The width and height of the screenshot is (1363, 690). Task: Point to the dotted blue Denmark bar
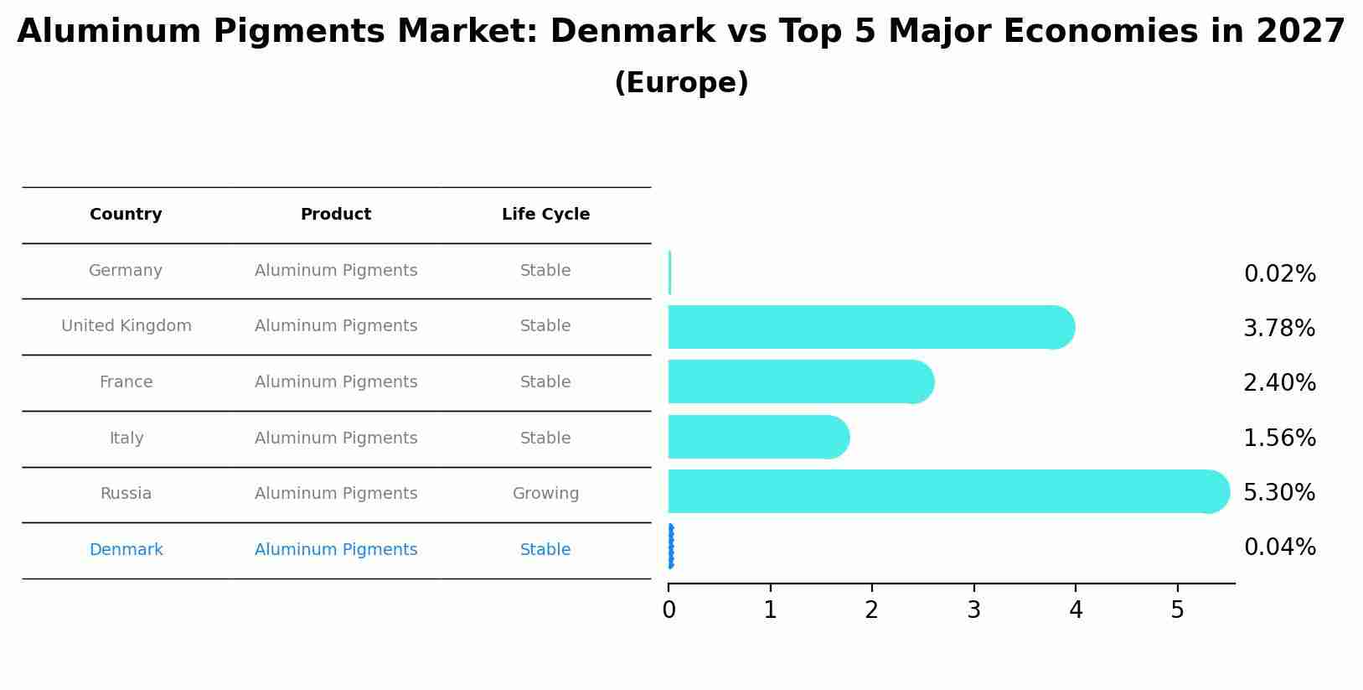tap(671, 547)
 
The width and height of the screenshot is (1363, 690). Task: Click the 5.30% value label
tap(1279, 492)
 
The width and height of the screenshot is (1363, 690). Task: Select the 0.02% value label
tap(1279, 274)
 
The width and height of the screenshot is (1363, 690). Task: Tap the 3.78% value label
tap(1279, 329)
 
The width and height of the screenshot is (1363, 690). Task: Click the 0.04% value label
tap(1279, 547)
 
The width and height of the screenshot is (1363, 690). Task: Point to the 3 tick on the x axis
tap(973, 610)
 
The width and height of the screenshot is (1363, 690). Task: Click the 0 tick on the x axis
tap(669, 610)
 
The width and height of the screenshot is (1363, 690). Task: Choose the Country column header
tap(126, 215)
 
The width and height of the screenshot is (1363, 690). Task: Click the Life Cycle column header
tap(545, 215)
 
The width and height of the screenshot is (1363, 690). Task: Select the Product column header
tap(335, 215)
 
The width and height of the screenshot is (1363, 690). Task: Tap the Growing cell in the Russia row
tap(545, 494)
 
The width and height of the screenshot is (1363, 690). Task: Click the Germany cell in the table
tap(126, 271)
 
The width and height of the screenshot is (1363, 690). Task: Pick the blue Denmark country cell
tap(126, 550)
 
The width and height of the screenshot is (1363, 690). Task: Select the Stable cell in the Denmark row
tap(545, 550)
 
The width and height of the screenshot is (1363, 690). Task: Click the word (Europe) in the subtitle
tap(681, 83)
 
